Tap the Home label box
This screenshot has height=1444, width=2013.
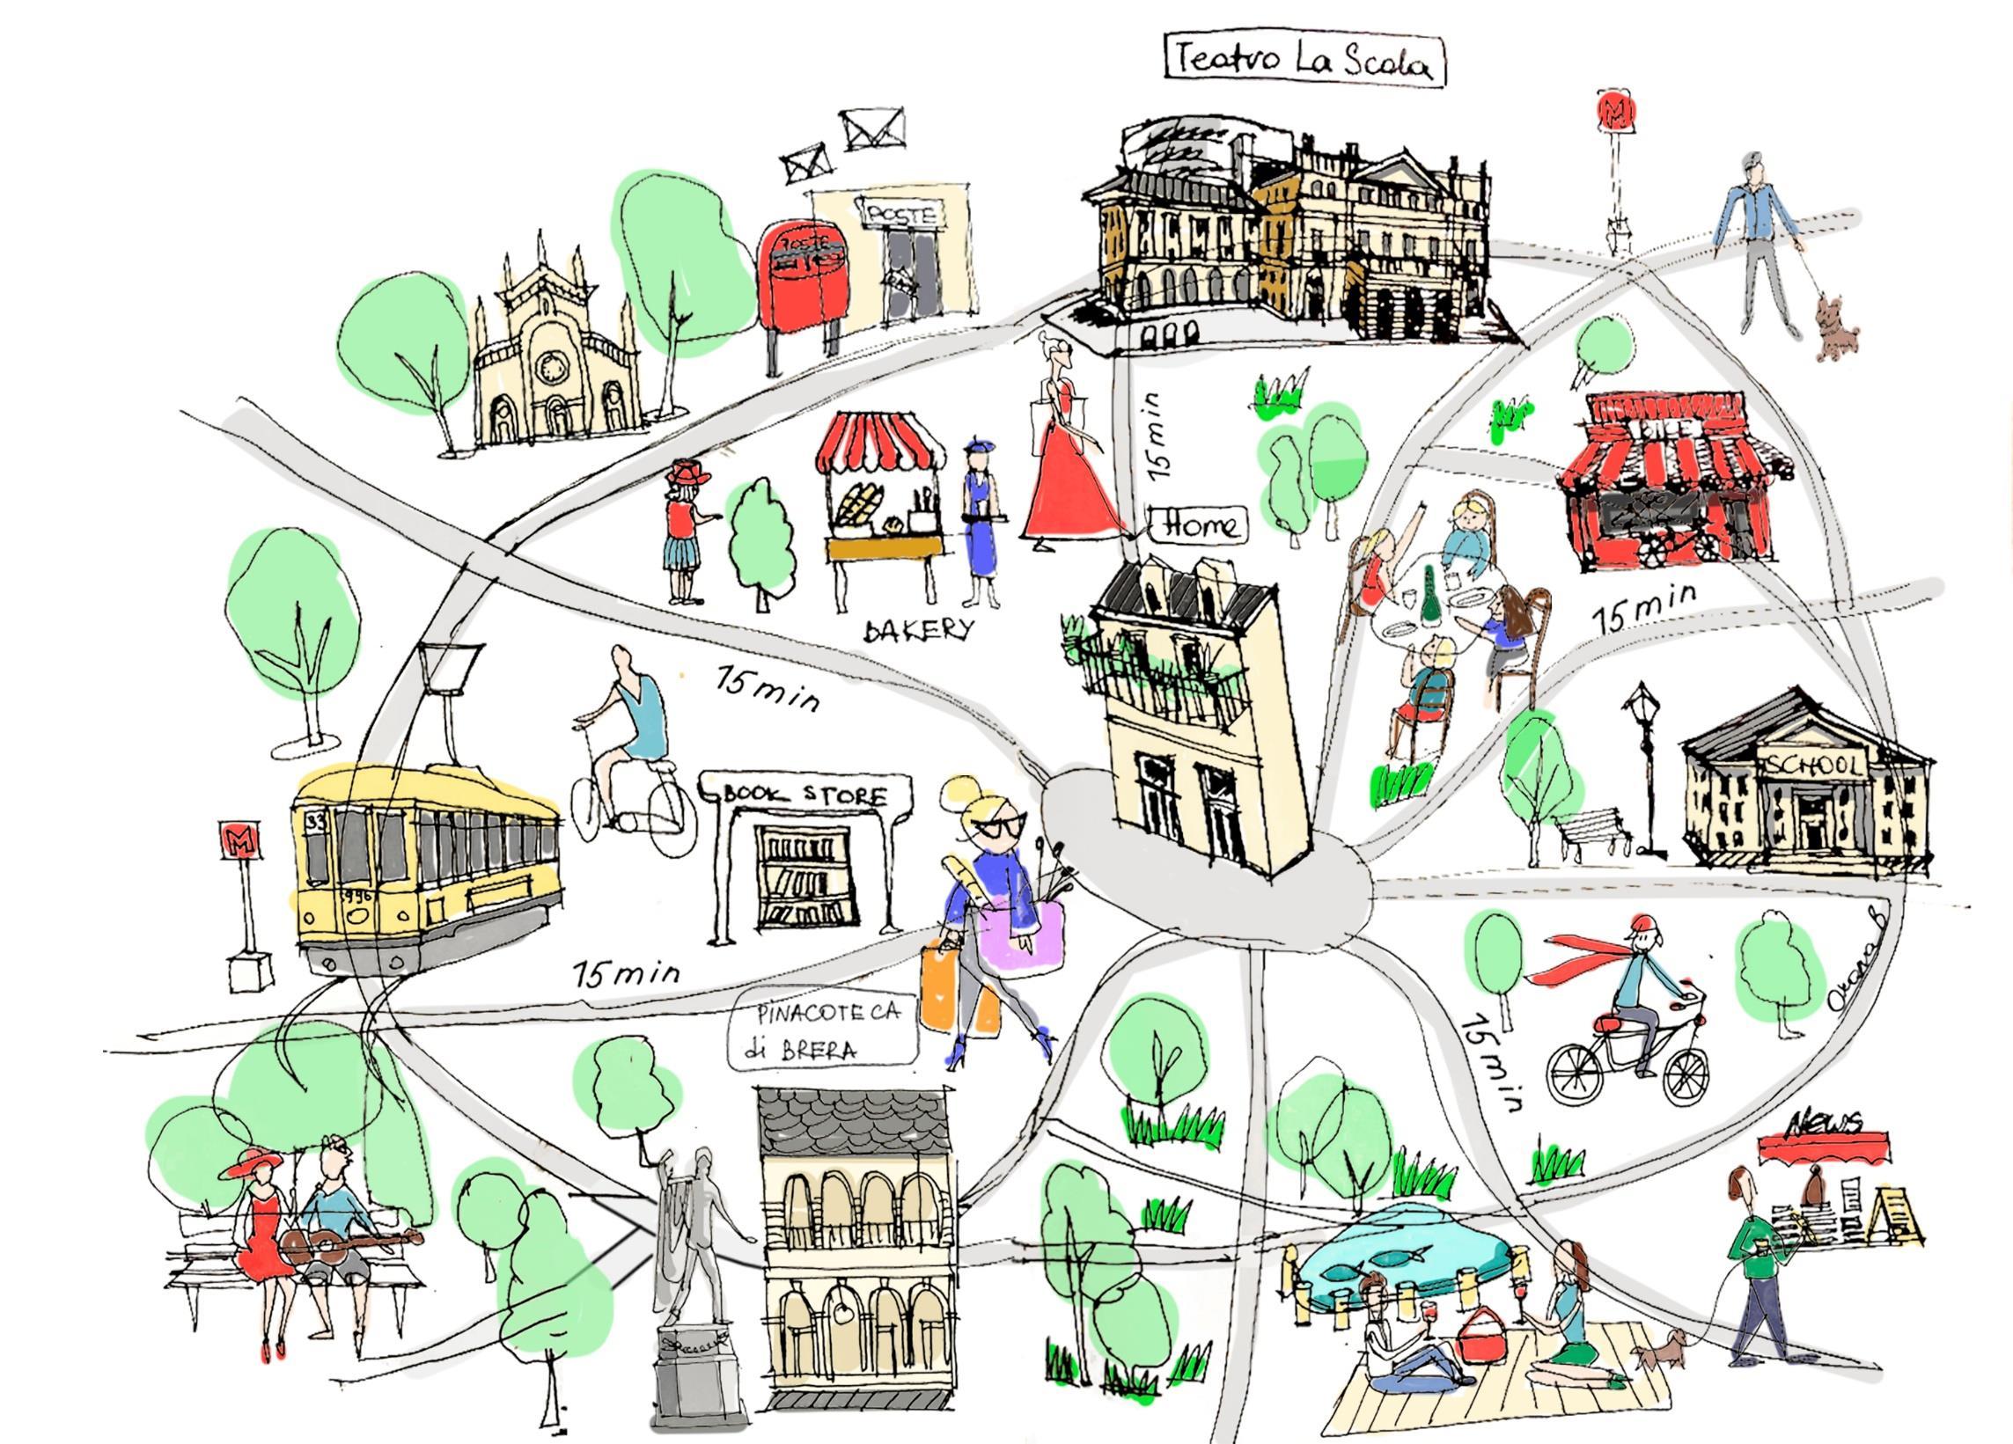(1199, 524)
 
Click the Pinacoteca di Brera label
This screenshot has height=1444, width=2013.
(821, 1031)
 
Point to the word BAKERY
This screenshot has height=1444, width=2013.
(919, 629)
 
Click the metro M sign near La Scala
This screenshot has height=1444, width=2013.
(1611, 111)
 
